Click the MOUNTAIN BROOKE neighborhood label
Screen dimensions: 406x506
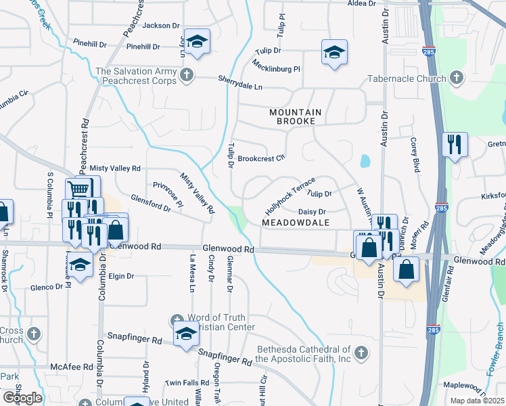click(x=293, y=116)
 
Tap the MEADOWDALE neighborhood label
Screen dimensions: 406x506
click(x=295, y=223)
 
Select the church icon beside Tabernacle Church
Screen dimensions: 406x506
click(x=457, y=78)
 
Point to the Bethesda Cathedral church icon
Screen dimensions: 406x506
click(x=361, y=353)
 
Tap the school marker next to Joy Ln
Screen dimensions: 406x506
click(x=196, y=42)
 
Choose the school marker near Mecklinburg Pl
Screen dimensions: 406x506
click(x=333, y=53)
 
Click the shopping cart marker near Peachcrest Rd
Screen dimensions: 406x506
click(x=80, y=189)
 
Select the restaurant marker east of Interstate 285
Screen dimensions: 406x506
click(x=454, y=143)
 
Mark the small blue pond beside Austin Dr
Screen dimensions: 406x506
click(x=365, y=161)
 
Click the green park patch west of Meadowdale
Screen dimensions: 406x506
click(x=237, y=219)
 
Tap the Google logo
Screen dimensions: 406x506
click(x=22, y=398)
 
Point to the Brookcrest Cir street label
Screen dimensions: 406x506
click(x=261, y=158)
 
